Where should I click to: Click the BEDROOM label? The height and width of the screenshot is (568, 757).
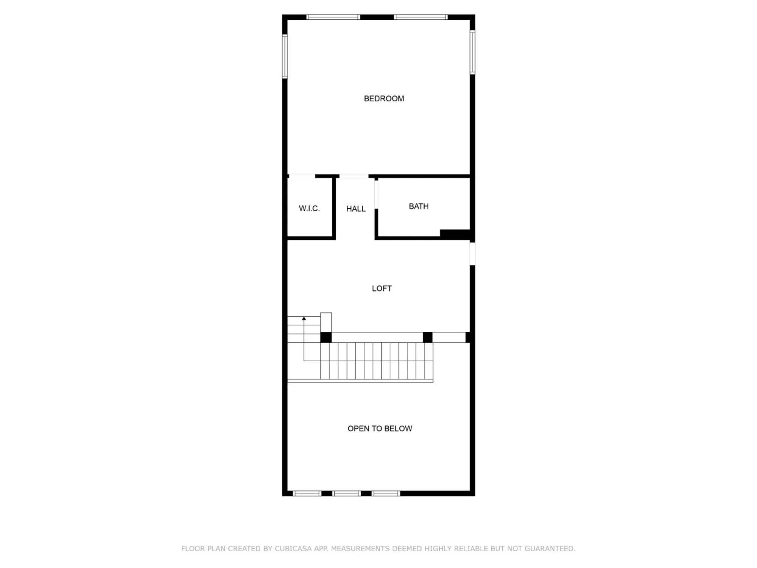tap(384, 98)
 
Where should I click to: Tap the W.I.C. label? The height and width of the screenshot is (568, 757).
tap(309, 208)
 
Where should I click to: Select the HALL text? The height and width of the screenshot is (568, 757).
tap(356, 209)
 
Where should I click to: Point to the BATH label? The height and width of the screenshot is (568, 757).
tap(419, 206)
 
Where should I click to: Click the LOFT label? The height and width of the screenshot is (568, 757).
tap(382, 289)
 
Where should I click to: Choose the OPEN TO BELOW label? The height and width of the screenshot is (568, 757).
tap(380, 429)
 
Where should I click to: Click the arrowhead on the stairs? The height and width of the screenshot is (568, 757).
tap(304, 319)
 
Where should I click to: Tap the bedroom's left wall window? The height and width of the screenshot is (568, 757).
tap(285, 56)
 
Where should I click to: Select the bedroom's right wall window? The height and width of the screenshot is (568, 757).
tap(472, 52)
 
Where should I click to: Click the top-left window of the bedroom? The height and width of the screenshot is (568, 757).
tap(333, 17)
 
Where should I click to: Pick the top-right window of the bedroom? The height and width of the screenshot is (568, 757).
tap(421, 17)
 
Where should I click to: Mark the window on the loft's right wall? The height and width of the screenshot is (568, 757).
tap(472, 253)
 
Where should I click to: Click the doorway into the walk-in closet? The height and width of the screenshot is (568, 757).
tap(302, 176)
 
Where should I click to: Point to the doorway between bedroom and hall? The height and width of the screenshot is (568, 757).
tap(354, 176)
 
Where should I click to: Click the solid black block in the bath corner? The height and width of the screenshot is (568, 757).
tap(455, 234)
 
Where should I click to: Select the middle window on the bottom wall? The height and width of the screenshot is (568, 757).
tap(347, 493)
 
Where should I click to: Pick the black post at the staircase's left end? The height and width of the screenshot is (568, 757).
tap(326, 337)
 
